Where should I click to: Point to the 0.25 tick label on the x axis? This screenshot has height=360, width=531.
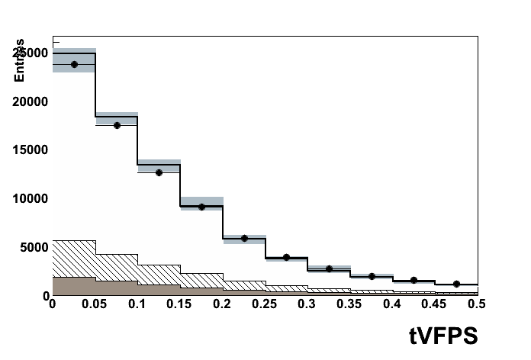[x=264, y=304]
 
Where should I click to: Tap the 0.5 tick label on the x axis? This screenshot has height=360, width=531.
[x=478, y=304]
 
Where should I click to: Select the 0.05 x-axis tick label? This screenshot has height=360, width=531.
[x=95, y=304]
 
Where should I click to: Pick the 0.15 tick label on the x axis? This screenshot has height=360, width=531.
[x=179, y=304]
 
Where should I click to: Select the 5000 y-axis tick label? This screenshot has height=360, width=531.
[x=34, y=247]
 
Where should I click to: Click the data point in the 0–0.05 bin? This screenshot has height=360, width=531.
[x=74, y=64]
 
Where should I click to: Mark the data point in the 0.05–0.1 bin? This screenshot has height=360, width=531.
[x=117, y=125]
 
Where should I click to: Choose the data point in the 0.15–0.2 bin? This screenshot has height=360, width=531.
[x=201, y=207]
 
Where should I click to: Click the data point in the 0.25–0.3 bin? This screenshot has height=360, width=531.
[x=286, y=257]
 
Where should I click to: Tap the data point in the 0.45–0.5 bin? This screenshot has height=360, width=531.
[x=456, y=284]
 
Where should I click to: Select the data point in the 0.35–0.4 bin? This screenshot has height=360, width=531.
[x=372, y=276]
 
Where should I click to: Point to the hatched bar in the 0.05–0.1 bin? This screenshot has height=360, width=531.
[x=116, y=267]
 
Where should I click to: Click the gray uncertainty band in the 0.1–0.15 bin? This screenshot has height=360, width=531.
[x=159, y=162]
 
